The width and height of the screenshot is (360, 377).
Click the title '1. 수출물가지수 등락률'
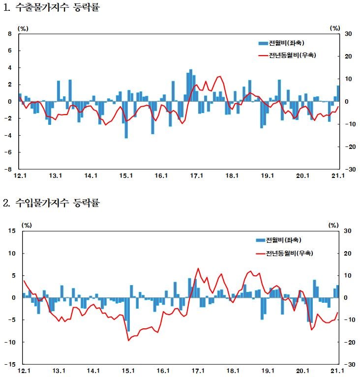(51, 8)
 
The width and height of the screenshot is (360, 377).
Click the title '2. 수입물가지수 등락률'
(51, 203)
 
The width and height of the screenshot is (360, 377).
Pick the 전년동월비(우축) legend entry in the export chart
(287, 55)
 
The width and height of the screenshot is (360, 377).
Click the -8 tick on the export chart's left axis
(8, 169)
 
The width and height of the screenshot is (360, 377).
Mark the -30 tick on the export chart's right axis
(350, 169)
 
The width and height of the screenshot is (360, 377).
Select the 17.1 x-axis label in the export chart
(197, 176)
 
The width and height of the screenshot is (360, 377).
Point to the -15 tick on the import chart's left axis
(10, 364)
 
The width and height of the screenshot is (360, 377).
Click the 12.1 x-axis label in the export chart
(20, 176)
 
